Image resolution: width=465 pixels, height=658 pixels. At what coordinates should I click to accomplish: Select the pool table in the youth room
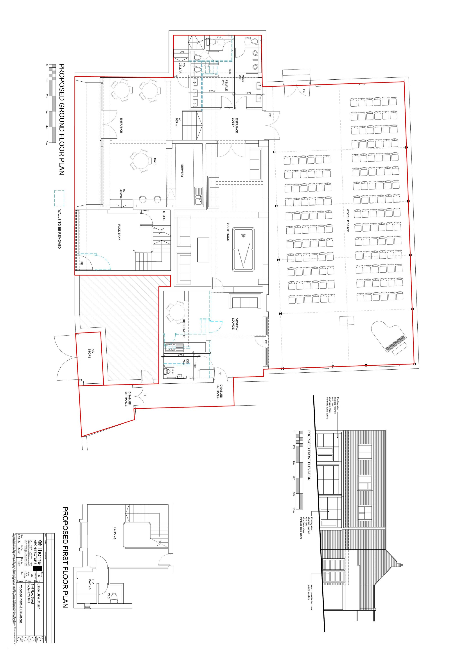[243, 249]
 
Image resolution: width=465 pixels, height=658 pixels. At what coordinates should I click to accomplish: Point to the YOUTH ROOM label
[228, 232]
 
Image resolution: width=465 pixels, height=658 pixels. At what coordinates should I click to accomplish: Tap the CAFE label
[155, 162]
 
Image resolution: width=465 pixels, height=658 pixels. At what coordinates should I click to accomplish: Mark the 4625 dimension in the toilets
[230, 72]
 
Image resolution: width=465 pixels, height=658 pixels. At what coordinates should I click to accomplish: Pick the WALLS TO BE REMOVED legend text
[59, 229]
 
